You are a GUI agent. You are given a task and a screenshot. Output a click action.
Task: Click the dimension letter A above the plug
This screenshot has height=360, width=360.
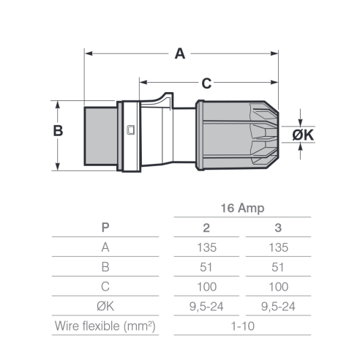pyautogui.click(x=180, y=53)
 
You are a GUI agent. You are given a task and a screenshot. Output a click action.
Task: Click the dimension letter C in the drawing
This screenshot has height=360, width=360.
pyautogui.click(x=206, y=83)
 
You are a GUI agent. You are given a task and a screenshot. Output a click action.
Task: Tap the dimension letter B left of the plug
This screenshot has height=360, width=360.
pyautogui.click(x=58, y=130)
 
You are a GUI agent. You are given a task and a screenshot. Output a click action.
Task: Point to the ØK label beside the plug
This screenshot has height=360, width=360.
pyautogui.click(x=303, y=135)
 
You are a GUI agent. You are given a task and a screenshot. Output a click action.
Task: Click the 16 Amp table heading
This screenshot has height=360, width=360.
pyautogui.click(x=242, y=208)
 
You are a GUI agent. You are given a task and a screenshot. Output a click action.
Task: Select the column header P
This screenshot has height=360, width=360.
pyautogui.click(x=105, y=228)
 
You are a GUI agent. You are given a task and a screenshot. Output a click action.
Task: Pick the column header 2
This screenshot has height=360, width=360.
pyautogui.click(x=206, y=228)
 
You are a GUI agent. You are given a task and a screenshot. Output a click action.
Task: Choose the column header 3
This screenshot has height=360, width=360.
pyautogui.click(x=278, y=228)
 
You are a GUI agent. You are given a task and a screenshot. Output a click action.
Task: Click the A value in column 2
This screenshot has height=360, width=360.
pyautogui.click(x=206, y=247)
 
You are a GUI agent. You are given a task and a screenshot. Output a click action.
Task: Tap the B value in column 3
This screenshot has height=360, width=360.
pyautogui.click(x=278, y=267)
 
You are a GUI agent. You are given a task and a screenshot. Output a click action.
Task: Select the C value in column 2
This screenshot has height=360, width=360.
pyautogui.click(x=206, y=287)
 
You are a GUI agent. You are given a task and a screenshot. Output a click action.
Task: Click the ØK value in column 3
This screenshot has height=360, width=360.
pyautogui.click(x=278, y=307)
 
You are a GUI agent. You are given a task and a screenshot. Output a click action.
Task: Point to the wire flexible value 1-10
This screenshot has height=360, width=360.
pyautogui.click(x=242, y=326)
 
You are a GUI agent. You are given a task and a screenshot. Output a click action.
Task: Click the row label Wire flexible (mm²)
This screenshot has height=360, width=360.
pyautogui.click(x=105, y=326)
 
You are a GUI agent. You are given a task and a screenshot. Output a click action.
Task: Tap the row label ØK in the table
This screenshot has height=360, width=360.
pyautogui.click(x=105, y=307)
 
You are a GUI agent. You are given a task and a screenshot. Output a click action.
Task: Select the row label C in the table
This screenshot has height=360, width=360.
pyautogui.click(x=105, y=287)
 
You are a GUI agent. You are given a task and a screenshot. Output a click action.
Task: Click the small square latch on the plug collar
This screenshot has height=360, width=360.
pyautogui.click(x=131, y=130)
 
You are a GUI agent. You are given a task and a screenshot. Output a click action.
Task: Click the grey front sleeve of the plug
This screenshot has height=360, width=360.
pyautogui.click(x=100, y=136)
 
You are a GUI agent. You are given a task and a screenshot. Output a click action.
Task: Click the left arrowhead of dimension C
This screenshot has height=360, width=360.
pyautogui.click(x=143, y=82)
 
